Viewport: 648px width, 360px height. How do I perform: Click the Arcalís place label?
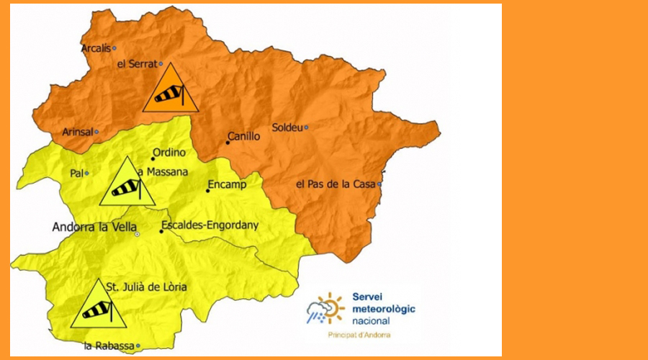point(96,48)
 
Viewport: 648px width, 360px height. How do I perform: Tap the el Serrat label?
point(137,64)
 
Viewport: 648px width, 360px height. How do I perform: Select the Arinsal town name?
point(77,132)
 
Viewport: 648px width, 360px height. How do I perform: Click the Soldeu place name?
point(287,128)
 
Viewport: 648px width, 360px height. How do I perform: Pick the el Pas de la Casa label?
point(336,184)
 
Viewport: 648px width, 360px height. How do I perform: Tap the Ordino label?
point(169,152)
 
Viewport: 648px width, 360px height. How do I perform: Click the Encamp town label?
point(227,184)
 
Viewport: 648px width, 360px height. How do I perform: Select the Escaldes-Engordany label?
point(210,225)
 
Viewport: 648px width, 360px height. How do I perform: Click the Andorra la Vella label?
point(94,227)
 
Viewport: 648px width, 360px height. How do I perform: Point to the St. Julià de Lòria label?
point(146,287)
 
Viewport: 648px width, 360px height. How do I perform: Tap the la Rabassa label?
point(109,346)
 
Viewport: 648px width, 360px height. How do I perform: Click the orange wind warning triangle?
point(170,90)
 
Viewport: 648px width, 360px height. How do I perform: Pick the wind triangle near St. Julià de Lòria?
point(99,306)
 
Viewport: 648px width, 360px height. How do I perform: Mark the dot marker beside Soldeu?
point(306,127)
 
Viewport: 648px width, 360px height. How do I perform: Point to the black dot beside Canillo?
point(228,143)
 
